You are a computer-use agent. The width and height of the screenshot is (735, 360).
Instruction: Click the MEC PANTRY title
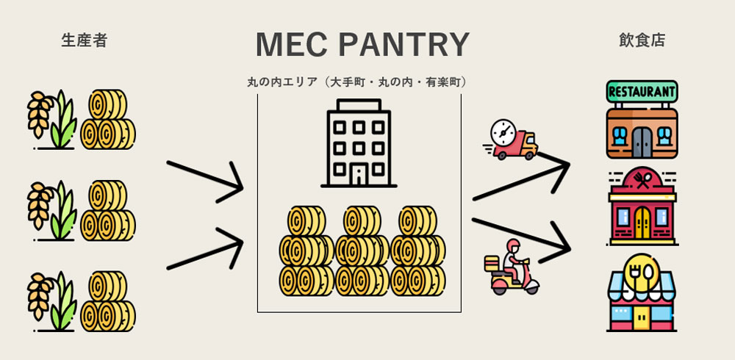pyautogui.click(x=362, y=45)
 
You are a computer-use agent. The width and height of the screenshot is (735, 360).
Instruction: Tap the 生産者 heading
pyautogui.click(x=85, y=40)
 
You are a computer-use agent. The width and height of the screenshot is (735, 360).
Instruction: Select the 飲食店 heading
pyautogui.click(x=642, y=40)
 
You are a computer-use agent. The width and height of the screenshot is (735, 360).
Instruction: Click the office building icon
pyautogui.click(x=359, y=143)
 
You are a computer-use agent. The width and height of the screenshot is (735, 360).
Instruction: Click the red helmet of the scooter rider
pyautogui.click(x=514, y=245)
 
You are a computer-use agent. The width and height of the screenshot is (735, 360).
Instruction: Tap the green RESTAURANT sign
pyautogui.click(x=642, y=91)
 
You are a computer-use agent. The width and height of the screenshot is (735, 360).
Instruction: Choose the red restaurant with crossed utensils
pyautogui.click(x=642, y=206)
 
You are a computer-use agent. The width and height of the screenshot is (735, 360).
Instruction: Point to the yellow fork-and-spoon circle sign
pyautogui.click(x=642, y=270)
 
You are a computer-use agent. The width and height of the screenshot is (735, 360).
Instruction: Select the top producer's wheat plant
pyautogui.click(x=51, y=120)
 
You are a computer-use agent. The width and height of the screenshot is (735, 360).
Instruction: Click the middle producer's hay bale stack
pyautogui.click(x=108, y=210)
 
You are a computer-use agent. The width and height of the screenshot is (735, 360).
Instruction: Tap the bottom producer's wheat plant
pyautogui.click(x=51, y=301)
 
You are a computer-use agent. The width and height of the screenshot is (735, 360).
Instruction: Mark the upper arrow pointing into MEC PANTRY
pyautogui.click(x=205, y=180)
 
